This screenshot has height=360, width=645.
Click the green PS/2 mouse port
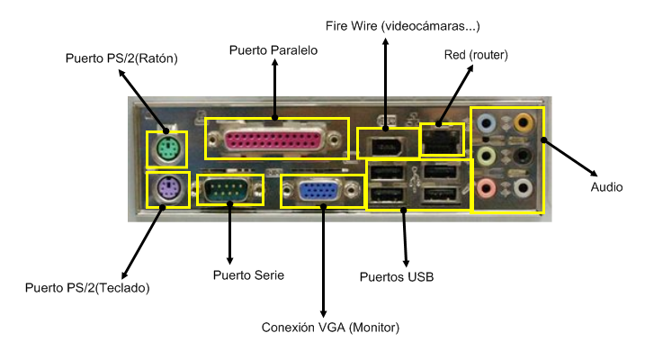point(166,148)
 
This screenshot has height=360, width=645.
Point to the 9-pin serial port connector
point(229,190)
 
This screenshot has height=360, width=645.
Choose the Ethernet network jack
point(443,137)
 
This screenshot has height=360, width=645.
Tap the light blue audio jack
point(487,122)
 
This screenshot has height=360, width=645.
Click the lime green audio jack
point(487,156)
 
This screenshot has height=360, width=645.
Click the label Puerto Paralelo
point(273,50)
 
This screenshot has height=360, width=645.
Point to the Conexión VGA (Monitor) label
point(329,326)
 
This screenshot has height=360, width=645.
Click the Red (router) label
point(476,56)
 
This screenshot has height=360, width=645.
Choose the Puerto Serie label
point(248,274)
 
